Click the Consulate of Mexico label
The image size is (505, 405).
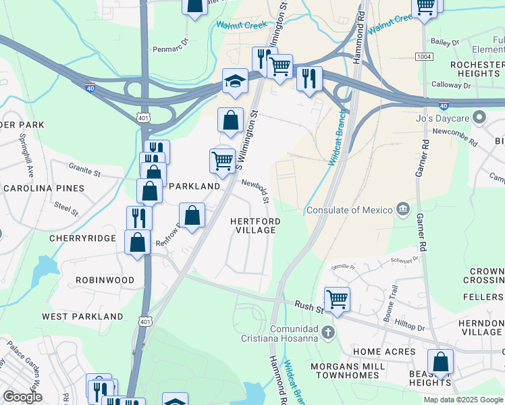pos(349,210)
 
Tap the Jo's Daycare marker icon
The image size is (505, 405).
pos(480,117)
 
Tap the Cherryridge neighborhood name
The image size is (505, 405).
pos(82,238)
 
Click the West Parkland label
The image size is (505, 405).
pos(82,316)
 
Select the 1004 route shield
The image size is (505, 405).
pos(425,57)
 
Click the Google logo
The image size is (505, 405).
pos(22,396)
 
